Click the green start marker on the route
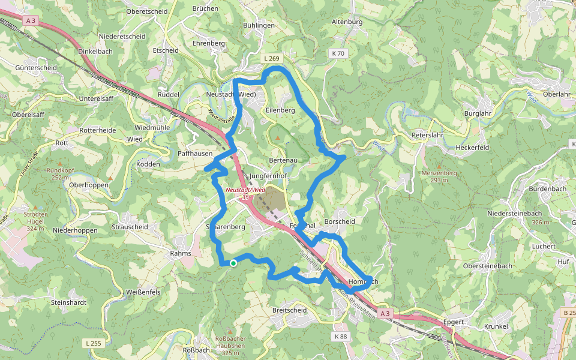(233, 263)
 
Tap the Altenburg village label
(347, 22)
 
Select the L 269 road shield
(271, 58)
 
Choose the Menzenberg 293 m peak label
(439, 176)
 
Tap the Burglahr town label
(479, 113)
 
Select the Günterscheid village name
(36, 68)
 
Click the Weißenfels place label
(143, 292)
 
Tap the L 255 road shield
(93, 343)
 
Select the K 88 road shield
(340, 337)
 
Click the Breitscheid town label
(289, 310)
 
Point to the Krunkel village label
(494, 326)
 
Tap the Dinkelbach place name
(96, 52)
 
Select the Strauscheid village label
(130, 227)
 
